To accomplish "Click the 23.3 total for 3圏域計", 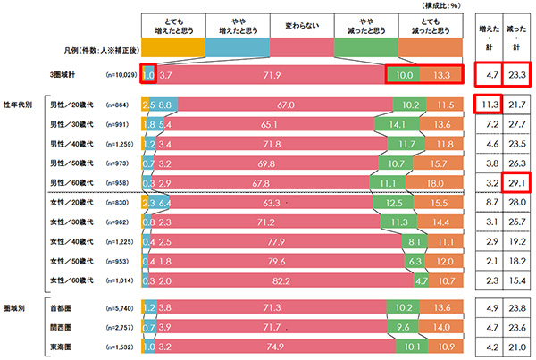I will point(514,77).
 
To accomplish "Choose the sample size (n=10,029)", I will point(122,78).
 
